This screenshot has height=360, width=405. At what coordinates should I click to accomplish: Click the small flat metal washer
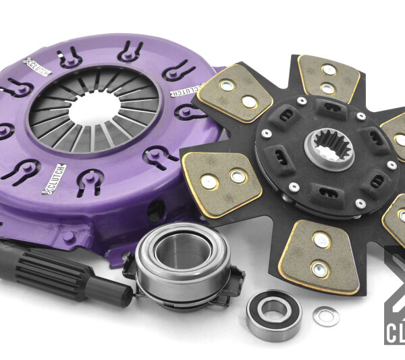coord(326,315)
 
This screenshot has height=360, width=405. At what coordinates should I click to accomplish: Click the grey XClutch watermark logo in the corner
coord(395,297)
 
